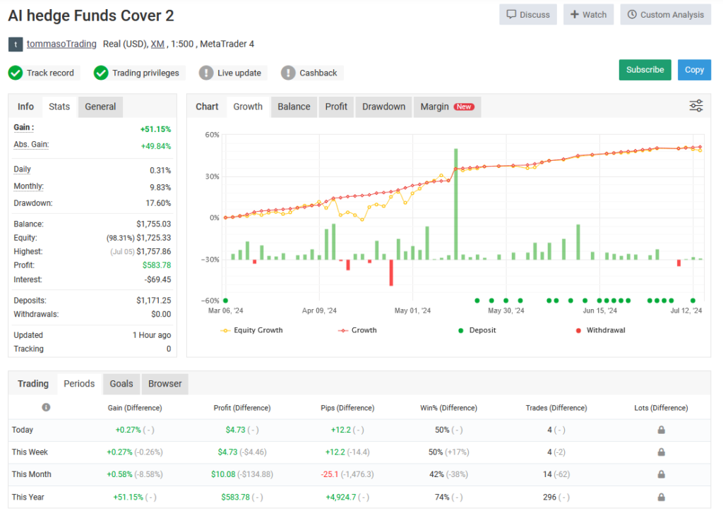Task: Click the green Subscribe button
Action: [x=645, y=70]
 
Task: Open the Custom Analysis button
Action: [x=665, y=15]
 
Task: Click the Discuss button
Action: [x=527, y=15]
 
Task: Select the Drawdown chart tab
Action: [x=383, y=107]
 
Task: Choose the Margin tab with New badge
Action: [x=447, y=107]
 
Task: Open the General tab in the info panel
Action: [x=100, y=107]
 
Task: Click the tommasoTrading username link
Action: [x=61, y=44]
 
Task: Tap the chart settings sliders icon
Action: [x=696, y=106]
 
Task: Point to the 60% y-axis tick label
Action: [x=211, y=135]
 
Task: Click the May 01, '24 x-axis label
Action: [x=412, y=310]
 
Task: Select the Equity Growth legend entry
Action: [x=253, y=330]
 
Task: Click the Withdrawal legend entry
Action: [x=605, y=330]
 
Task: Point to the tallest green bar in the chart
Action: [x=456, y=204]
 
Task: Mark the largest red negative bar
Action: [x=391, y=272]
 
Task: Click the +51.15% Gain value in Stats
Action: [x=155, y=129]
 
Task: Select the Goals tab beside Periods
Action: [x=121, y=384]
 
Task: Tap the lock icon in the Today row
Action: [x=661, y=430]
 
